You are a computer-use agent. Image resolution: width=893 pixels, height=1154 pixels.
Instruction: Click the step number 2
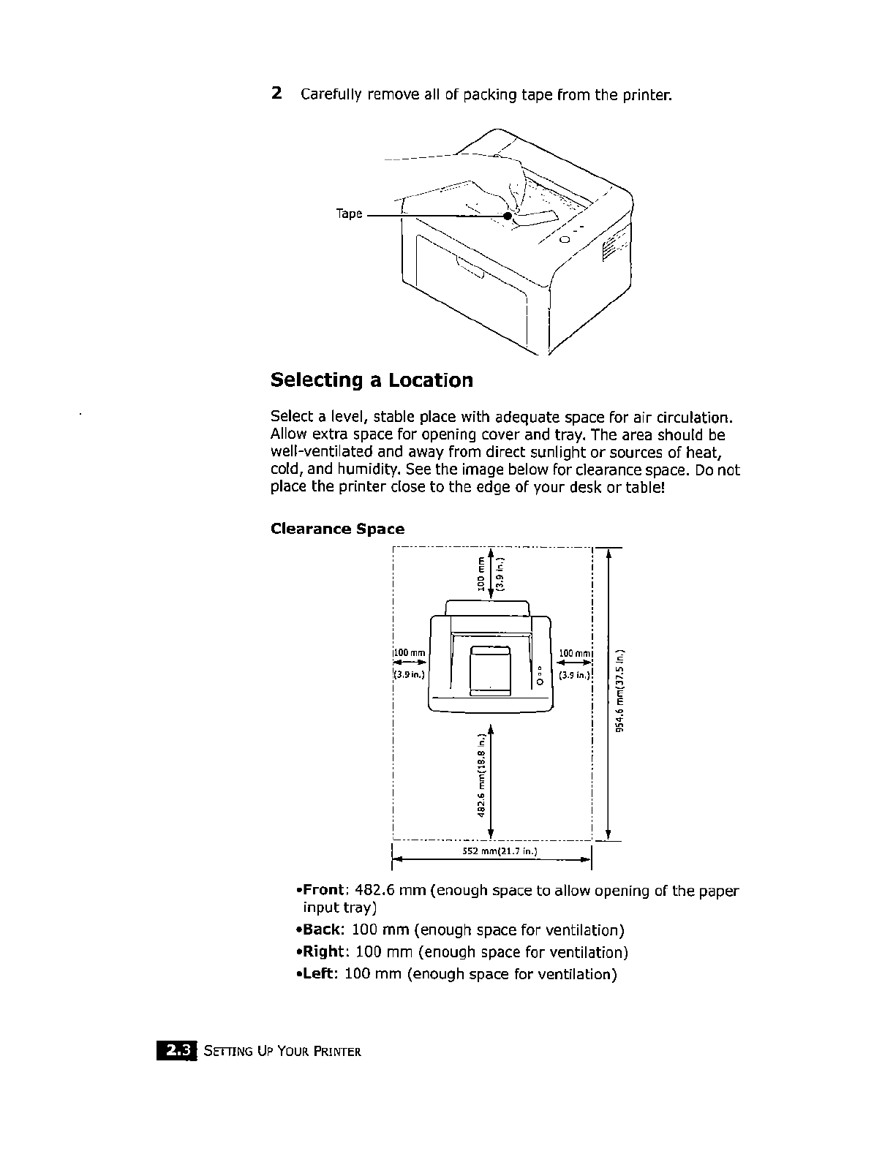click(276, 94)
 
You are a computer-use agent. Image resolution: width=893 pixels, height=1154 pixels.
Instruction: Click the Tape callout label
click(349, 214)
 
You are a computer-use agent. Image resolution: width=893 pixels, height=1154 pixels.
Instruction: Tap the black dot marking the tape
click(508, 216)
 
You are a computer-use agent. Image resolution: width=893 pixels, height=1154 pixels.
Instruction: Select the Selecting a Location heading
click(372, 380)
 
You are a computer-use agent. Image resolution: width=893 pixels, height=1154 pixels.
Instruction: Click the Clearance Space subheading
click(337, 529)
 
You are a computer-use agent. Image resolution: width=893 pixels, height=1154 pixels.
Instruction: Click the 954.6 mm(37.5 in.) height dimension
click(620, 691)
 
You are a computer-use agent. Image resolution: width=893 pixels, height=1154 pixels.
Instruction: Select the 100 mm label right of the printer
click(574, 652)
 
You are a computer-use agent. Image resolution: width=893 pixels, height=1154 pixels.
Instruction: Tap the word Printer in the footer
click(338, 1053)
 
